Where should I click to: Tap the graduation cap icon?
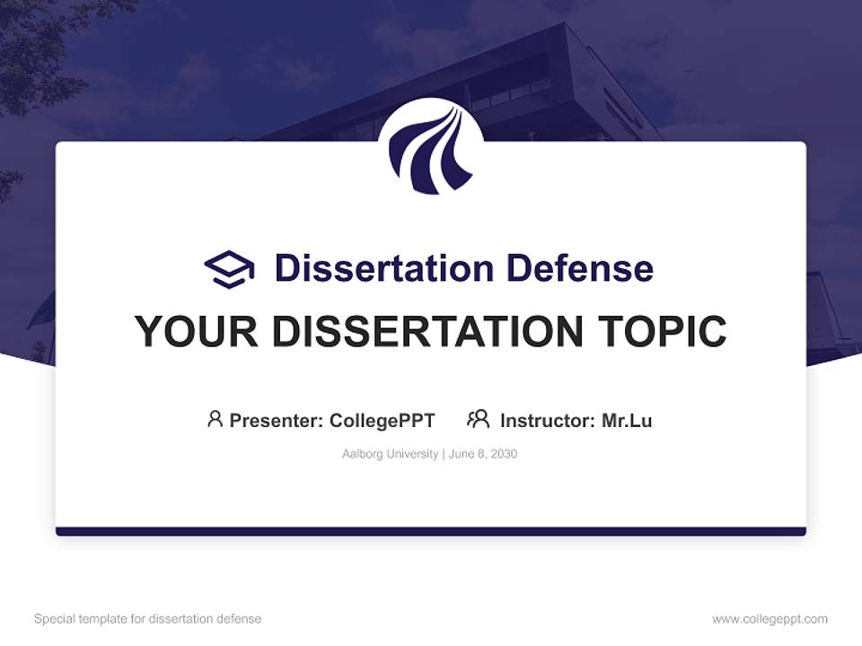tap(229, 268)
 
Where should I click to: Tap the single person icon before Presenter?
tap(215, 419)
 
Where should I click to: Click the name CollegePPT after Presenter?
tap(382, 420)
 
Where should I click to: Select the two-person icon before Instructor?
tap(478, 419)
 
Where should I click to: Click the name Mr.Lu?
tap(626, 420)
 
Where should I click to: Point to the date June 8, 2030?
tap(483, 454)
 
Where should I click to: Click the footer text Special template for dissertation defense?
tap(147, 618)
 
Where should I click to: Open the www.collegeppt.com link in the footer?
tap(770, 618)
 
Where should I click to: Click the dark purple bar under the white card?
tap(431, 531)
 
